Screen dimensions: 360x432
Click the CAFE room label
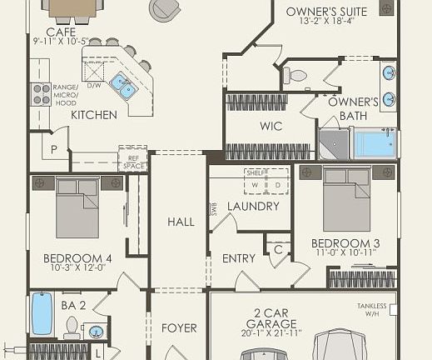click(x=61, y=32)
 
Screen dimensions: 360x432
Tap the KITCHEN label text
click(x=93, y=115)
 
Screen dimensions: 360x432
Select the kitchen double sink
click(x=126, y=84)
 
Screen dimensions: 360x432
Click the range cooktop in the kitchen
click(x=41, y=94)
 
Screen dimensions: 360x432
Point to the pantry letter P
click(x=54, y=150)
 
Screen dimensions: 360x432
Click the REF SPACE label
click(x=133, y=162)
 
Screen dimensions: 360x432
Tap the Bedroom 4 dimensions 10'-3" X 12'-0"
click(x=77, y=267)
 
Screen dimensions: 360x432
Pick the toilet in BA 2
click(x=72, y=325)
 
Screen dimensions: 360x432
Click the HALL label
click(x=181, y=222)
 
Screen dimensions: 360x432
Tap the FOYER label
click(x=179, y=327)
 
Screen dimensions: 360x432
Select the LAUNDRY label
click(x=252, y=207)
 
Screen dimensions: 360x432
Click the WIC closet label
click(x=271, y=127)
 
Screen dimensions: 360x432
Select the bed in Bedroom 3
click(x=346, y=198)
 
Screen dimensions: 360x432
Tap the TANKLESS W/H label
click(x=372, y=309)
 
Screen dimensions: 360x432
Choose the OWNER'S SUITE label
click(x=317, y=12)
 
